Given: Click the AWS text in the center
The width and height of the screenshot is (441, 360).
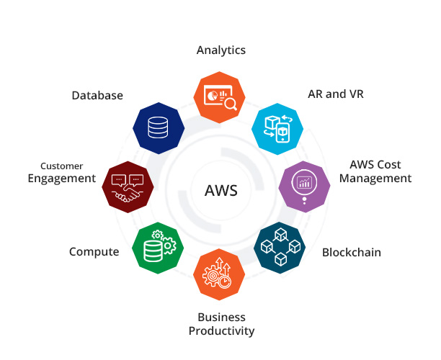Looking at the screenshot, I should pos(220,192).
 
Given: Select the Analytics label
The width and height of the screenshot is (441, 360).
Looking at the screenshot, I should pos(221,50).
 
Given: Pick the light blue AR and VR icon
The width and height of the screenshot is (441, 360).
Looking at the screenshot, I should pos(277,127).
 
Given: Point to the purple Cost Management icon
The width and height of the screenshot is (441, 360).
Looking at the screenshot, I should pos(304,184).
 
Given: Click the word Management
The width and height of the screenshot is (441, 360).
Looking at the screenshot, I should pos(375,179).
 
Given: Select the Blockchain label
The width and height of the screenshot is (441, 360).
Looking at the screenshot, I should pos(352,252).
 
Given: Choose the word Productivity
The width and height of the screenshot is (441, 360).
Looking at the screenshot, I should pos(221,331).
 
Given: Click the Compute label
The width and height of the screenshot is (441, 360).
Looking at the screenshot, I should pos(94,252).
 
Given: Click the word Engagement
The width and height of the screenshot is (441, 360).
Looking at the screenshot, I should pos(61,179).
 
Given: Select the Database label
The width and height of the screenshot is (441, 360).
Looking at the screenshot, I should pos(97,95).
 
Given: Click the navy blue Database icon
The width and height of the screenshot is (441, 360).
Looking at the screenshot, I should pos(158,127).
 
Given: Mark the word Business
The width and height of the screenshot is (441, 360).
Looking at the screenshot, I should pos(221,318).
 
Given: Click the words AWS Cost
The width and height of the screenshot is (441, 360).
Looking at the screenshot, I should pos(375,165).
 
